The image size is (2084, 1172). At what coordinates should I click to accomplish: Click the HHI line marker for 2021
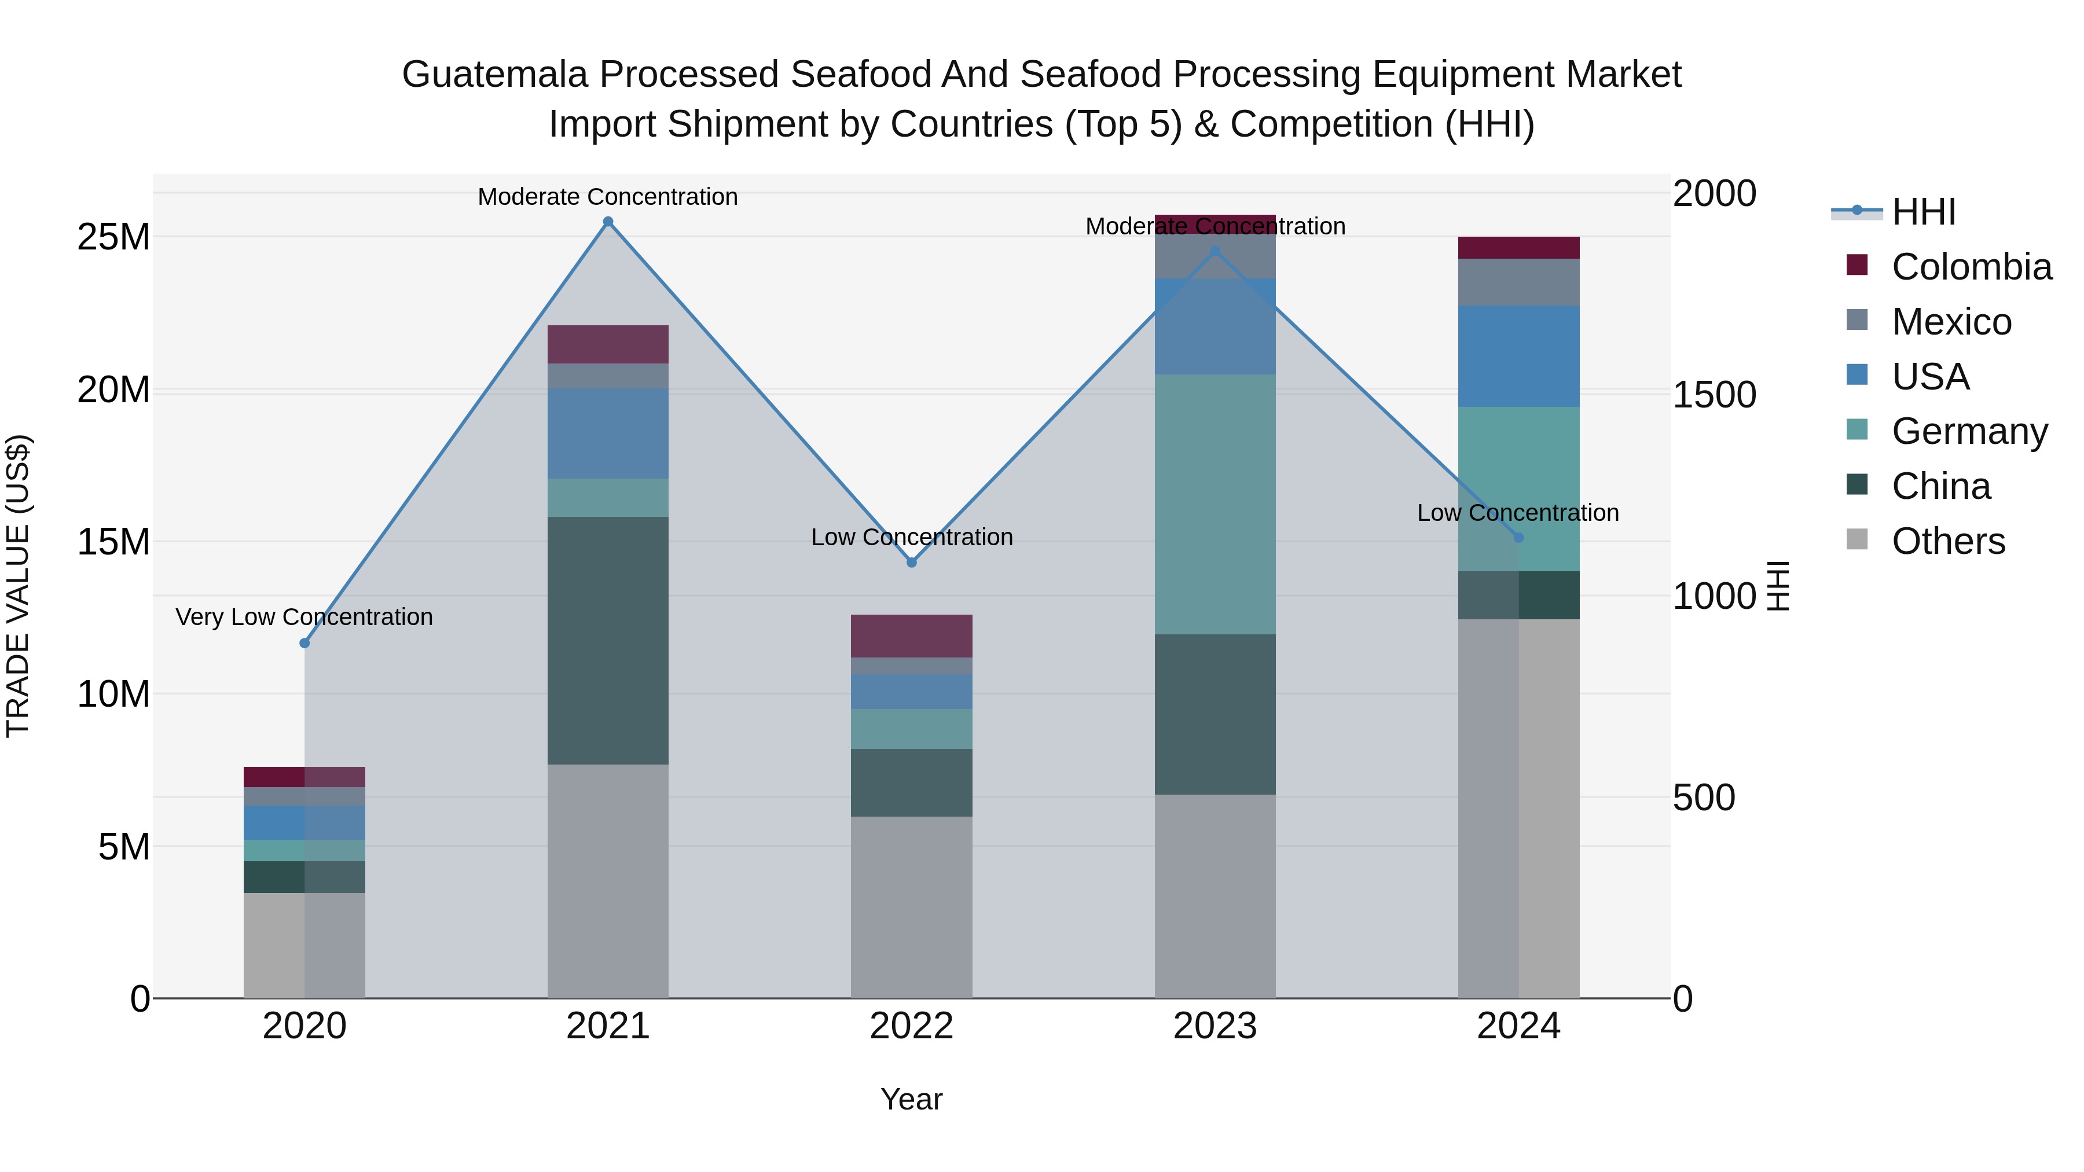(608, 222)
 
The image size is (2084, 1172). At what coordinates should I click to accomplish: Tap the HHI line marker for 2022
(912, 562)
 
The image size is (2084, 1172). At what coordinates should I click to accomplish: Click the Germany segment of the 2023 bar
(1215, 504)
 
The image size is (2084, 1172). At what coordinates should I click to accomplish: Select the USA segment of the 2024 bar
(1518, 356)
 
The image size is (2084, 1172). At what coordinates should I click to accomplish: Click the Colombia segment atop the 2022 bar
(912, 635)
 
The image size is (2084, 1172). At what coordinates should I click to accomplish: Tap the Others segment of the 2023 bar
(1215, 895)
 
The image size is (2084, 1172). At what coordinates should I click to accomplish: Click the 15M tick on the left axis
(113, 542)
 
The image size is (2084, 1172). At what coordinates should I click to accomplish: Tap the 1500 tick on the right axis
(1714, 395)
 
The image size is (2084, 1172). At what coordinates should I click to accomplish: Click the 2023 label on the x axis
(1215, 1026)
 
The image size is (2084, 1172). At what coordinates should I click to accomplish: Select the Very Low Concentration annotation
(304, 617)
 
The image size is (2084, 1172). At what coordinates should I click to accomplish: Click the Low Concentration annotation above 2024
(1518, 513)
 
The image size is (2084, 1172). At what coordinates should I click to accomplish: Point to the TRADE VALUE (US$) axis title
(18, 586)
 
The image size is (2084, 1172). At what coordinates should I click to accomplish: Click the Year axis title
(911, 1099)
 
